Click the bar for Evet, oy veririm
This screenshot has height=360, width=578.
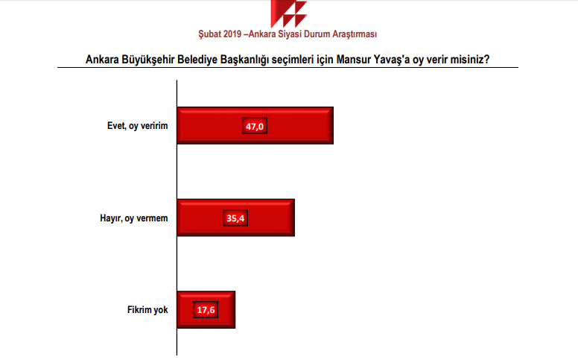[x=255, y=125]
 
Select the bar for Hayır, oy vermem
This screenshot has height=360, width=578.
[x=235, y=218]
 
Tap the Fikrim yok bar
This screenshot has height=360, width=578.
[x=206, y=310]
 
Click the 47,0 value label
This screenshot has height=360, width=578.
[x=255, y=126]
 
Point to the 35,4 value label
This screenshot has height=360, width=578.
[x=235, y=218]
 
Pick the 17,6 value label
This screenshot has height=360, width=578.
[x=206, y=310]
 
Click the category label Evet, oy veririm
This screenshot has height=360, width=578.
[x=138, y=126]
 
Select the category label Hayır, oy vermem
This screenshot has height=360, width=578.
[x=134, y=218]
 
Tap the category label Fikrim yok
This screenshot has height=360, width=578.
[x=147, y=309]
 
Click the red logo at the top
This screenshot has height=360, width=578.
[x=289, y=13]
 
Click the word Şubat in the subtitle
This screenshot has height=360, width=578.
[x=209, y=34]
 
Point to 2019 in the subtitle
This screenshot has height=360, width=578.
[x=232, y=34]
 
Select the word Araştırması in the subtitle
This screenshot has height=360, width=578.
[x=355, y=34]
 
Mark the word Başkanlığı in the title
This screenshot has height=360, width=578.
[x=244, y=60]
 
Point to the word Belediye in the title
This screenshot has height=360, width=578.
[x=197, y=60]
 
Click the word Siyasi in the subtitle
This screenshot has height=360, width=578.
[x=290, y=34]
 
